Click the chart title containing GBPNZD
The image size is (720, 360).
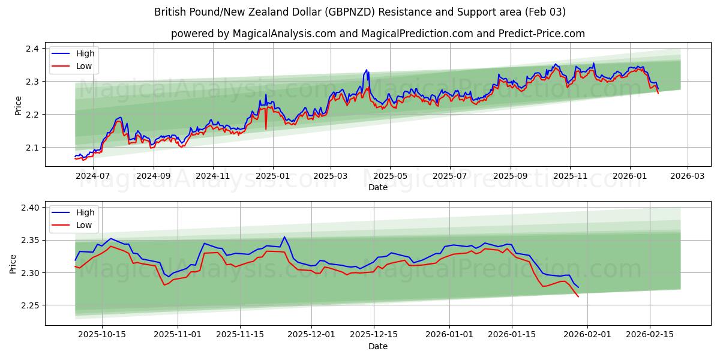click(360, 12)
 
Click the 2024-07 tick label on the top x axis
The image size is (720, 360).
click(94, 176)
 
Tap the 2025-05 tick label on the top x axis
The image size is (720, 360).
click(390, 176)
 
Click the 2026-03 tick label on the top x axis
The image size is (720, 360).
click(687, 176)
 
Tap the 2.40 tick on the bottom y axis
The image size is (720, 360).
click(31, 208)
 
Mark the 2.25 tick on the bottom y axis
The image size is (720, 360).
click(31, 305)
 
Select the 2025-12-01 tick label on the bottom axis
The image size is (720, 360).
click(311, 334)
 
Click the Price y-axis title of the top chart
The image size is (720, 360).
click(18, 105)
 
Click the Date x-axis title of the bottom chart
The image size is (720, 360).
click(378, 346)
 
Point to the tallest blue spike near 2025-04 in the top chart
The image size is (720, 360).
click(367, 70)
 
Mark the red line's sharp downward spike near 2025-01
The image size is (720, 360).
click(266, 128)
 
